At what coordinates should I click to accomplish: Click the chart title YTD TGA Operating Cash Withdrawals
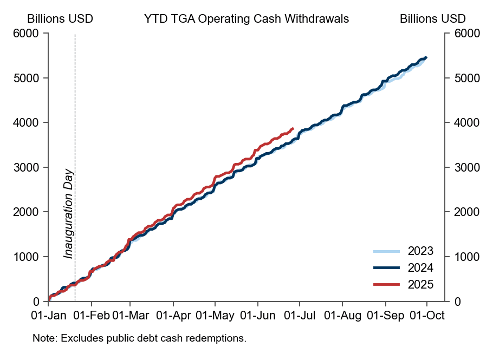246,18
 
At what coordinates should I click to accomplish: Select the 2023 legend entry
420,251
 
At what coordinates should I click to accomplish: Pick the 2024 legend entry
420,267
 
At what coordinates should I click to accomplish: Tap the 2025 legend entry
420,284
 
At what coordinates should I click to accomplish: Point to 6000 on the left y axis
28,34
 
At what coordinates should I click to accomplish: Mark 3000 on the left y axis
28,167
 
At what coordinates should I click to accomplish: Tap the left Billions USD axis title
60,18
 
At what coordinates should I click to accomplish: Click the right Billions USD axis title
433,18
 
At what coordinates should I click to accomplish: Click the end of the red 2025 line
293,128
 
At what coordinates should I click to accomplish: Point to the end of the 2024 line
426,57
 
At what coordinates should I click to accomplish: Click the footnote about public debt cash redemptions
139,338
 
